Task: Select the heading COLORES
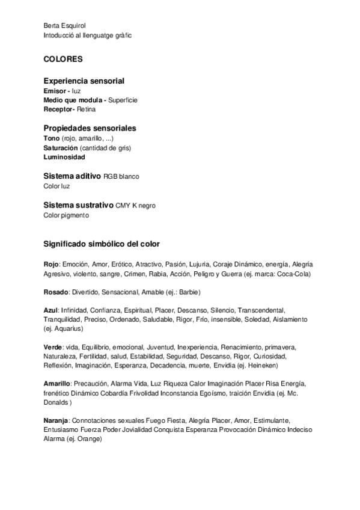(x=63, y=60)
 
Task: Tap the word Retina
(x=86, y=109)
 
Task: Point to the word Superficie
(x=123, y=100)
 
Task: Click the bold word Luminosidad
(x=64, y=157)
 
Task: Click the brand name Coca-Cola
(x=294, y=274)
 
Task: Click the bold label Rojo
(x=51, y=265)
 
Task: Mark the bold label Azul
(x=50, y=310)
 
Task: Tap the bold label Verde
(x=53, y=348)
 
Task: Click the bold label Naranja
(x=56, y=420)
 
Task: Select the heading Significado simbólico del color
(x=101, y=244)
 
